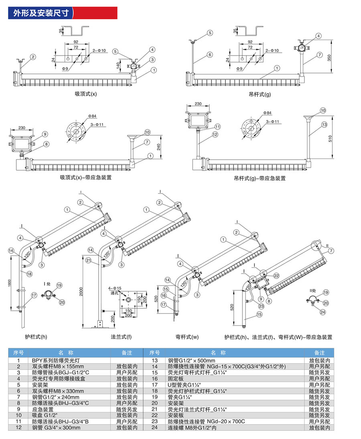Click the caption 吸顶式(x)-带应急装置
click(86, 177)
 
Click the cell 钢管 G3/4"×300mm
click(56, 428)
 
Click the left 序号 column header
click(19, 353)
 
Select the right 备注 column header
click(320, 353)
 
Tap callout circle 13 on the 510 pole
click(324, 124)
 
